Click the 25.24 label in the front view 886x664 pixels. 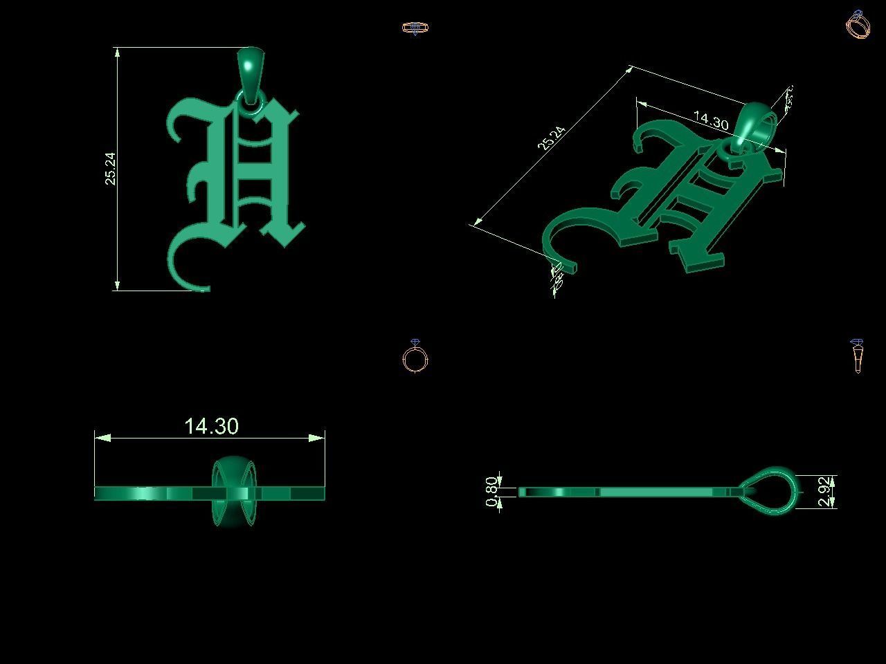tap(111, 169)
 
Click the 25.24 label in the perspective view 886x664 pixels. tap(552, 138)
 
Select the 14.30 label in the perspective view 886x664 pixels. tap(710, 121)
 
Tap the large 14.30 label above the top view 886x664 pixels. tap(212, 426)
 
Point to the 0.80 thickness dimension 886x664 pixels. tap(491, 491)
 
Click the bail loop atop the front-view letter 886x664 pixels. tap(250, 67)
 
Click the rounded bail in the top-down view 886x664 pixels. tap(234, 492)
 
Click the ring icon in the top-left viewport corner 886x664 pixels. tap(415, 28)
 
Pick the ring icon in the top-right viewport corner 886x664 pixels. tap(858, 24)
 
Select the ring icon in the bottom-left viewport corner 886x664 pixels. tap(415, 357)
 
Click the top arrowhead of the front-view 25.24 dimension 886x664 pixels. tap(117, 53)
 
